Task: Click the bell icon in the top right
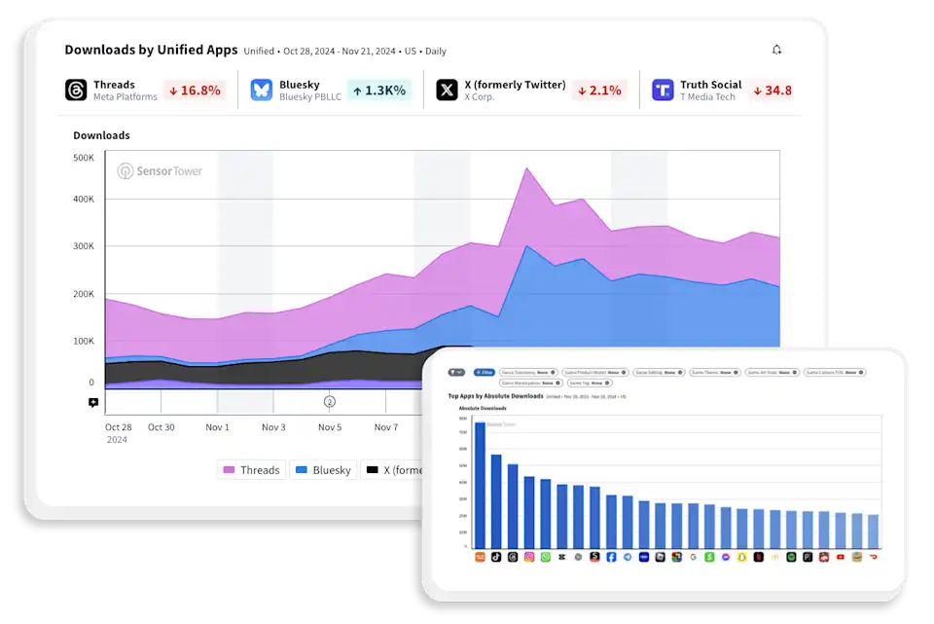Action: point(776,50)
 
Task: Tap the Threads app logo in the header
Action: point(76,91)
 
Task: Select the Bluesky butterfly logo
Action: point(261,91)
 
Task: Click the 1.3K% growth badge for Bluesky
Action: point(378,91)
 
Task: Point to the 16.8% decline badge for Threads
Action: point(195,91)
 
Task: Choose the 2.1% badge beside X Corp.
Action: point(599,91)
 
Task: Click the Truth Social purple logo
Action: point(664,91)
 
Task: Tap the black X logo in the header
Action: point(447,91)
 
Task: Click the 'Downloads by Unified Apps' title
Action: point(151,50)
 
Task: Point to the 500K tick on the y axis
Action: point(84,157)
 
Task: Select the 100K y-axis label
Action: point(84,341)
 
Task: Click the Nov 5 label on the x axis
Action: point(330,427)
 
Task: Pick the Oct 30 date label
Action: point(161,427)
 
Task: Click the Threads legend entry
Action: point(251,470)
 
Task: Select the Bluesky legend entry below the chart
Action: point(322,470)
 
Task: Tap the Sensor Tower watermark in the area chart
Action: point(161,171)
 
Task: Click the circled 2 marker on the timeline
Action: point(329,401)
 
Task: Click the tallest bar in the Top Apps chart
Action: point(480,485)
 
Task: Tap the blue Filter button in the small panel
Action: point(484,372)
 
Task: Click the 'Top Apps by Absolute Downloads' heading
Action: point(495,396)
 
